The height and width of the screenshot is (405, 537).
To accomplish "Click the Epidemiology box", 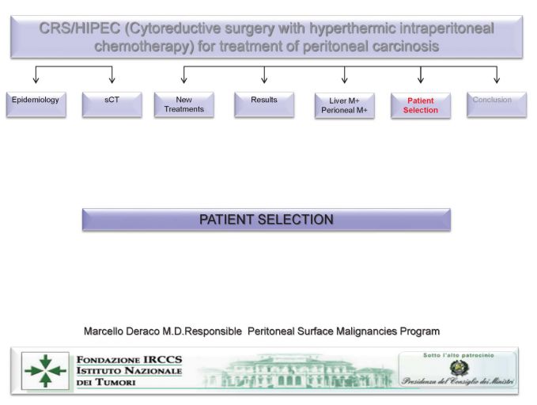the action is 36,104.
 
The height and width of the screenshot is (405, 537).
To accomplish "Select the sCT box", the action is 112,104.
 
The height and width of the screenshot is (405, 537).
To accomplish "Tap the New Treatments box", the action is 184,104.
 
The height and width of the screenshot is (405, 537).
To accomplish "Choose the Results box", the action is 264,104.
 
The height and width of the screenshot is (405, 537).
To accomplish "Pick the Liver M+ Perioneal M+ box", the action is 345,105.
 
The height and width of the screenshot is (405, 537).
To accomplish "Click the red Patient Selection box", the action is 421,105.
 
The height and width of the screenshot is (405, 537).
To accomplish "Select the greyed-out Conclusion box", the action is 497,104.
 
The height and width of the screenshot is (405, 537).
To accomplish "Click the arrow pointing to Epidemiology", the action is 36,74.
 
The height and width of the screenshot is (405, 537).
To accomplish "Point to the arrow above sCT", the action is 112,74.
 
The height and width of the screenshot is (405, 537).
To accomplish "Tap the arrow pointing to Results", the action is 264,74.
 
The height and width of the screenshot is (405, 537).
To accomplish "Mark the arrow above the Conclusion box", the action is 497,74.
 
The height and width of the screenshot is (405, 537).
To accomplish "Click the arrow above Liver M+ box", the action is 345,74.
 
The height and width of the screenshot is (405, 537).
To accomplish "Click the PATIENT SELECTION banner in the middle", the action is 267,220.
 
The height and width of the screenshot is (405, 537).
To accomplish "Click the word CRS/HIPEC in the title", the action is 80,28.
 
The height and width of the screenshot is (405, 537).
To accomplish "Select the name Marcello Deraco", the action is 122,331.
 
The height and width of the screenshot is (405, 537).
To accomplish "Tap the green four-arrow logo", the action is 46,371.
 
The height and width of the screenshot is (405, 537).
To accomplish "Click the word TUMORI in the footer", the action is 115,382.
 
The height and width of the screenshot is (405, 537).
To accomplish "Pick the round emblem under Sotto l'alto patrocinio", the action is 459,369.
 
